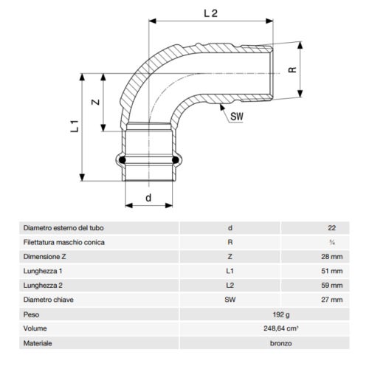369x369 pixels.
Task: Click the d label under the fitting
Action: coord(148,198)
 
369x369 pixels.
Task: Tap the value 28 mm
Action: coord(333,256)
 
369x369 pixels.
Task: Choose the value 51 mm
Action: coord(333,271)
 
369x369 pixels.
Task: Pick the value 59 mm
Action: coord(333,285)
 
